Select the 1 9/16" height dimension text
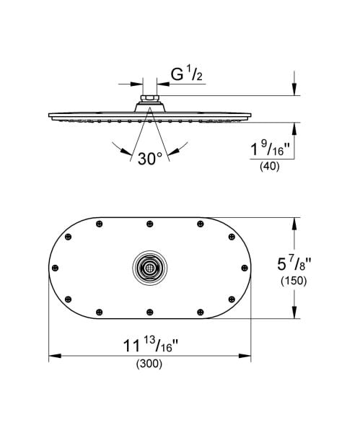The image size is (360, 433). point(268,149)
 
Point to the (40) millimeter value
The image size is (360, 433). point(268,167)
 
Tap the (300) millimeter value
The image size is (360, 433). point(149,364)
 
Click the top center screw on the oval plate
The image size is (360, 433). point(149,223)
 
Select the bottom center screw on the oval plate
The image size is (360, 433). point(149,311)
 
